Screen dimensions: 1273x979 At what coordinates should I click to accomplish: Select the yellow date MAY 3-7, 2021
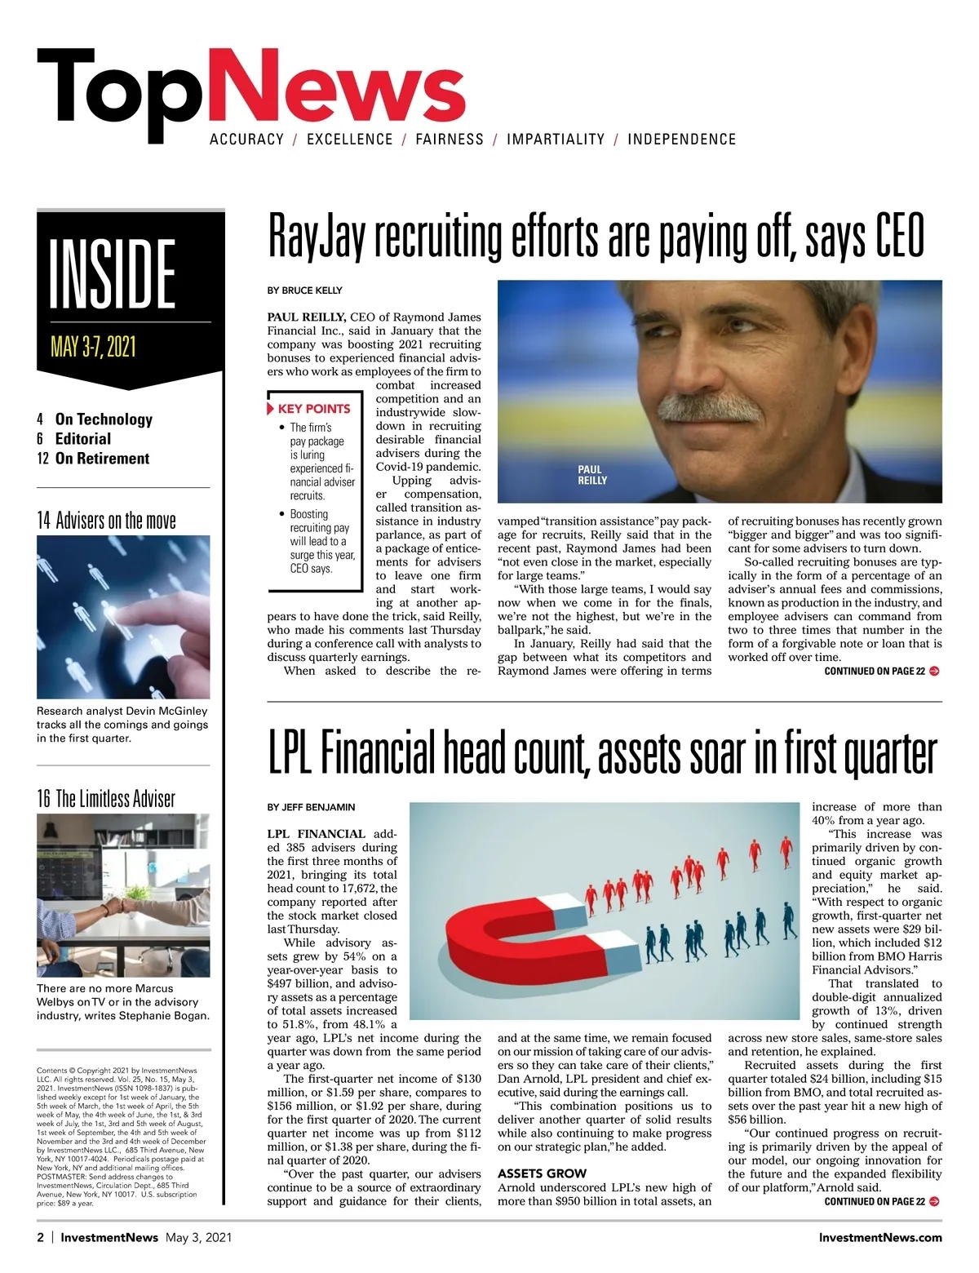pyautogui.click(x=93, y=347)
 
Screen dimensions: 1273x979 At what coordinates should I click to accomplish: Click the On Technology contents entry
pyautogui.click(x=103, y=419)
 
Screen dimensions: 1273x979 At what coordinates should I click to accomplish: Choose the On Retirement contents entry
pyautogui.click(x=102, y=459)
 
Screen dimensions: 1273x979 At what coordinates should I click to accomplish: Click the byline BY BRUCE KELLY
pyautogui.click(x=304, y=291)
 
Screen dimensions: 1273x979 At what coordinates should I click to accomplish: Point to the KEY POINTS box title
pyautogui.click(x=313, y=409)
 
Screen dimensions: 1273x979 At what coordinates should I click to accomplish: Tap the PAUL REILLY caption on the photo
pyautogui.click(x=592, y=475)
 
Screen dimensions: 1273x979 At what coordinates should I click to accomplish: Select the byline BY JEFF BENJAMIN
pyautogui.click(x=311, y=807)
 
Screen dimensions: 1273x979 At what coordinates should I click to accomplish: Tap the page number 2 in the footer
pyautogui.click(x=41, y=1237)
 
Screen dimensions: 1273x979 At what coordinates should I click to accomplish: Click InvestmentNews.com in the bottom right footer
pyautogui.click(x=880, y=1237)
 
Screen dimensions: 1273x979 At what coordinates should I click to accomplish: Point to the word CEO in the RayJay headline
pyautogui.click(x=900, y=237)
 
